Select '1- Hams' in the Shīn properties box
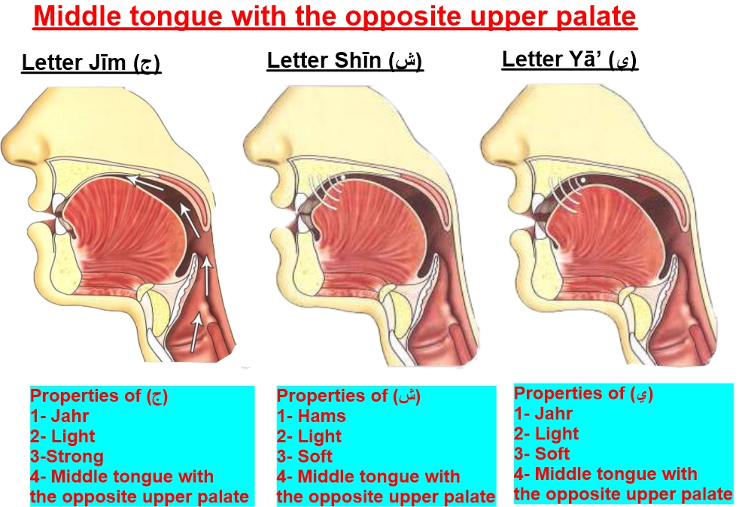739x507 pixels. tap(312, 416)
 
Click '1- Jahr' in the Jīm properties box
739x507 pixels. tap(59, 416)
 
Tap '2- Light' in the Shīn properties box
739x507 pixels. tap(309, 436)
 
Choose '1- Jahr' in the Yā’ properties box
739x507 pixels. tap(543, 413)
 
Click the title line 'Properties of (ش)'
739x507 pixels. tap(348, 396)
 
